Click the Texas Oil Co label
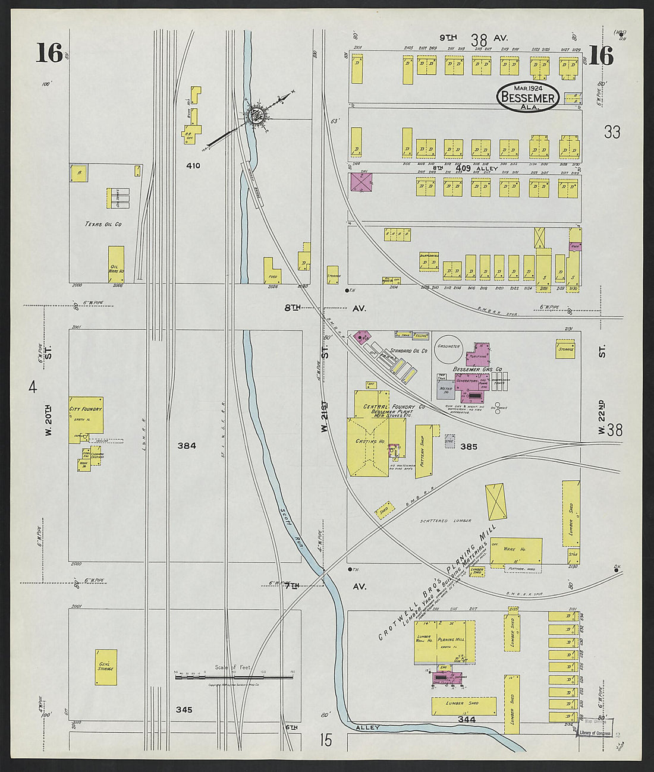click(x=103, y=225)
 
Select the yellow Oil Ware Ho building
click(x=116, y=264)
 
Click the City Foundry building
click(x=86, y=415)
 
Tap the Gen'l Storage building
click(x=105, y=667)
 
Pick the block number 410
click(x=193, y=166)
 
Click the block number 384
click(x=185, y=445)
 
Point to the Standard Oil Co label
click(x=409, y=351)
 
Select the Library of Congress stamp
click(x=595, y=733)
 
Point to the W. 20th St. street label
click(x=48, y=420)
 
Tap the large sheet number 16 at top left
click(x=49, y=53)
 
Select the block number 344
click(x=467, y=720)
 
